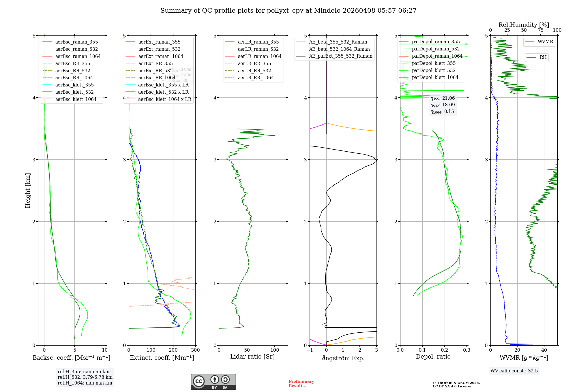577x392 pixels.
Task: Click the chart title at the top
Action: point(288,11)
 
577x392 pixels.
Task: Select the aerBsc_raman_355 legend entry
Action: point(76,42)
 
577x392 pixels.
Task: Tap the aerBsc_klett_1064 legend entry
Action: point(76,99)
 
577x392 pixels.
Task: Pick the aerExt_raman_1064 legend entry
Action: point(160,56)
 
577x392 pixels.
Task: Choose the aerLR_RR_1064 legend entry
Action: point(256,78)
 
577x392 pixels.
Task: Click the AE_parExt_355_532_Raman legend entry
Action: point(340,56)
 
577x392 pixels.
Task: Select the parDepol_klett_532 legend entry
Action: point(433,70)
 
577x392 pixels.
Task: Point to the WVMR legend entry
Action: point(545,42)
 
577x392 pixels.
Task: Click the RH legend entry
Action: point(543,57)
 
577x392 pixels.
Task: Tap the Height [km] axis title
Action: point(28,191)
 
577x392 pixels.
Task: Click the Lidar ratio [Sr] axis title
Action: point(252,357)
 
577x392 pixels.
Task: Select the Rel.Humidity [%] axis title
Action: point(524,25)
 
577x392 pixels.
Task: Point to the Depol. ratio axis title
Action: point(433,357)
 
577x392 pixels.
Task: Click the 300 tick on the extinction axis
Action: point(195,350)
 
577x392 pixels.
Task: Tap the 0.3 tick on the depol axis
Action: point(467,350)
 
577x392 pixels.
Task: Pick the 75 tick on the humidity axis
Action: point(540,30)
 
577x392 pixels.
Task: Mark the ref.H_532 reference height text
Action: point(85,377)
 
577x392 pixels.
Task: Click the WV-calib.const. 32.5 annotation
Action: point(514,371)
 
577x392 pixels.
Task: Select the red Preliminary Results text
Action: point(301,384)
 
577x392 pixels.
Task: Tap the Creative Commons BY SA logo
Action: point(213,382)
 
